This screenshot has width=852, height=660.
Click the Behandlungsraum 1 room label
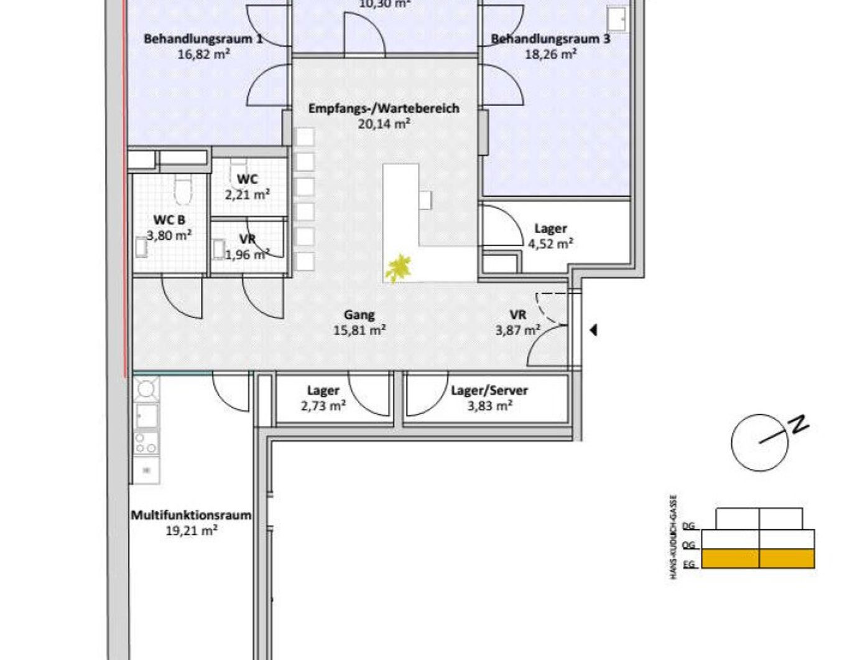pyautogui.click(x=203, y=39)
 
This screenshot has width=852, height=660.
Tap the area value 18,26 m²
pyautogui.click(x=550, y=54)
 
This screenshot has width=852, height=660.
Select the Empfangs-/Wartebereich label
pyautogui.click(x=384, y=108)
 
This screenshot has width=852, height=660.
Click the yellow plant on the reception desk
pyautogui.click(x=398, y=268)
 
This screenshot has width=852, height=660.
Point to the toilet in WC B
pyautogui.click(x=182, y=190)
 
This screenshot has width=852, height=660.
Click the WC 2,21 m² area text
pyautogui.click(x=247, y=194)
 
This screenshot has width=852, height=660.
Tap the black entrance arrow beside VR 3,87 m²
pyautogui.click(x=593, y=330)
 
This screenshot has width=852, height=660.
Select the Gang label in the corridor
pyautogui.click(x=359, y=315)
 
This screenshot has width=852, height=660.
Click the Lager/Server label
pyautogui.click(x=489, y=390)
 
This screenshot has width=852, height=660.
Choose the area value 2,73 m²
pyautogui.click(x=323, y=406)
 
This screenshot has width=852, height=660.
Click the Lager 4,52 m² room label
pyautogui.click(x=550, y=229)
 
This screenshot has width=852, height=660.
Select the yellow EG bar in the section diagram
pyautogui.click(x=757, y=559)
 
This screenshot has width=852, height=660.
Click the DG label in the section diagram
pyautogui.click(x=688, y=526)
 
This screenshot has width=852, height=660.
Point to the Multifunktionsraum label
pyautogui.click(x=191, y=516)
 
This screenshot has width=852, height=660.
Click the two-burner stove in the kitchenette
pyautogui.click(x=146, y=444)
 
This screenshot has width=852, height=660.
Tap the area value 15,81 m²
pyautogui.click(x=359, y=331)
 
